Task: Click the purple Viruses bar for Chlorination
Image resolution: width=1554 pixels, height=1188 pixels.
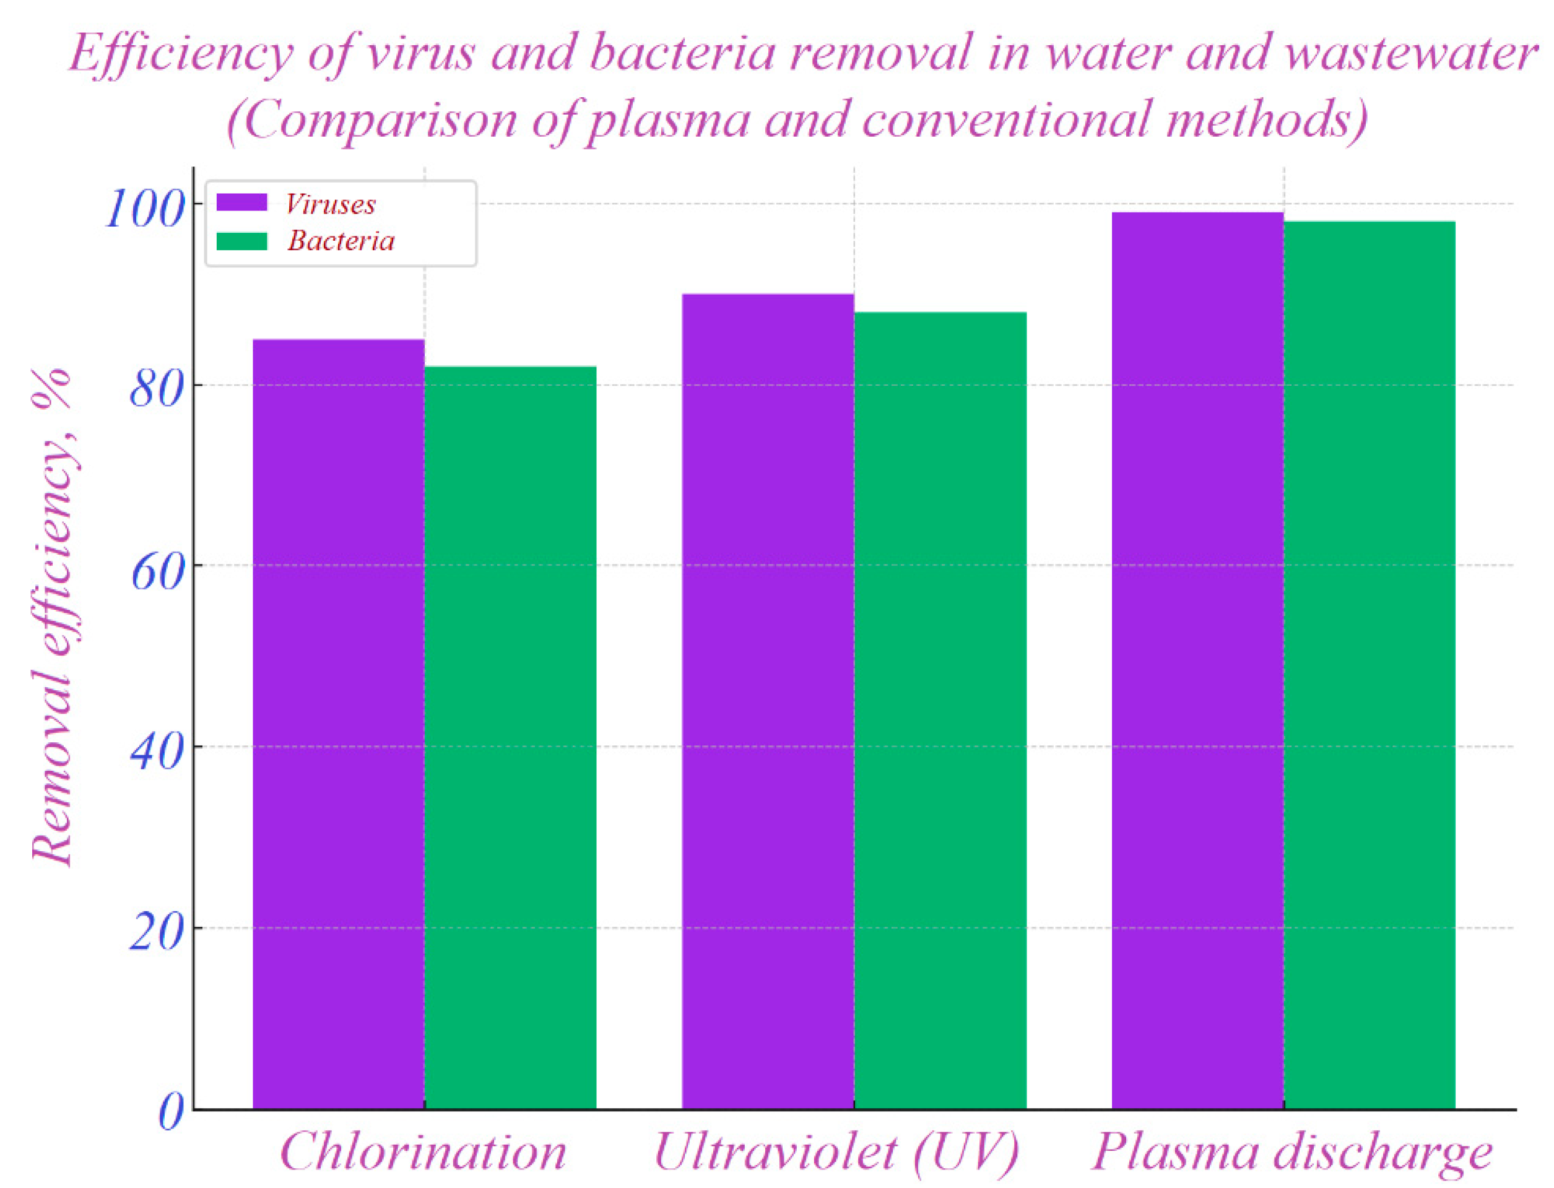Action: click(338, 721)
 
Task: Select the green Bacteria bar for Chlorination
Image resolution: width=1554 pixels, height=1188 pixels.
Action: click(510, 735)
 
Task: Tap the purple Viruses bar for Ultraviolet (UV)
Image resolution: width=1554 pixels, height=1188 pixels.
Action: click(767, 700)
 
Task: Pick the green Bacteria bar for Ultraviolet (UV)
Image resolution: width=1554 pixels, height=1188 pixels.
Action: click(940, 707)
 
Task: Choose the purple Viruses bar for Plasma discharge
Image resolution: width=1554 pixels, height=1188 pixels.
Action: click(1197, 657)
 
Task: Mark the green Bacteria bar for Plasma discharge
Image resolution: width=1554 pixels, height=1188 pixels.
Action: click(1369, 665)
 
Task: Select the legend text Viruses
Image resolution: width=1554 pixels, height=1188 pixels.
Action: click(330, 204)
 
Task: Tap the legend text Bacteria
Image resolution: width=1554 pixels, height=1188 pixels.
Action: click(341, 241)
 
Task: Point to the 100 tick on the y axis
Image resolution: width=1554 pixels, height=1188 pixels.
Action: click(145, 209)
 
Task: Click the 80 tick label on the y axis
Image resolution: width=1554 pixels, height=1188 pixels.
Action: click(157, 389)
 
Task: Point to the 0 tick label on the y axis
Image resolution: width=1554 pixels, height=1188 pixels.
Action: click(170, 1112)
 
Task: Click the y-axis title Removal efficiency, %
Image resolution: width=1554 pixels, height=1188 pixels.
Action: click(53, 615)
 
